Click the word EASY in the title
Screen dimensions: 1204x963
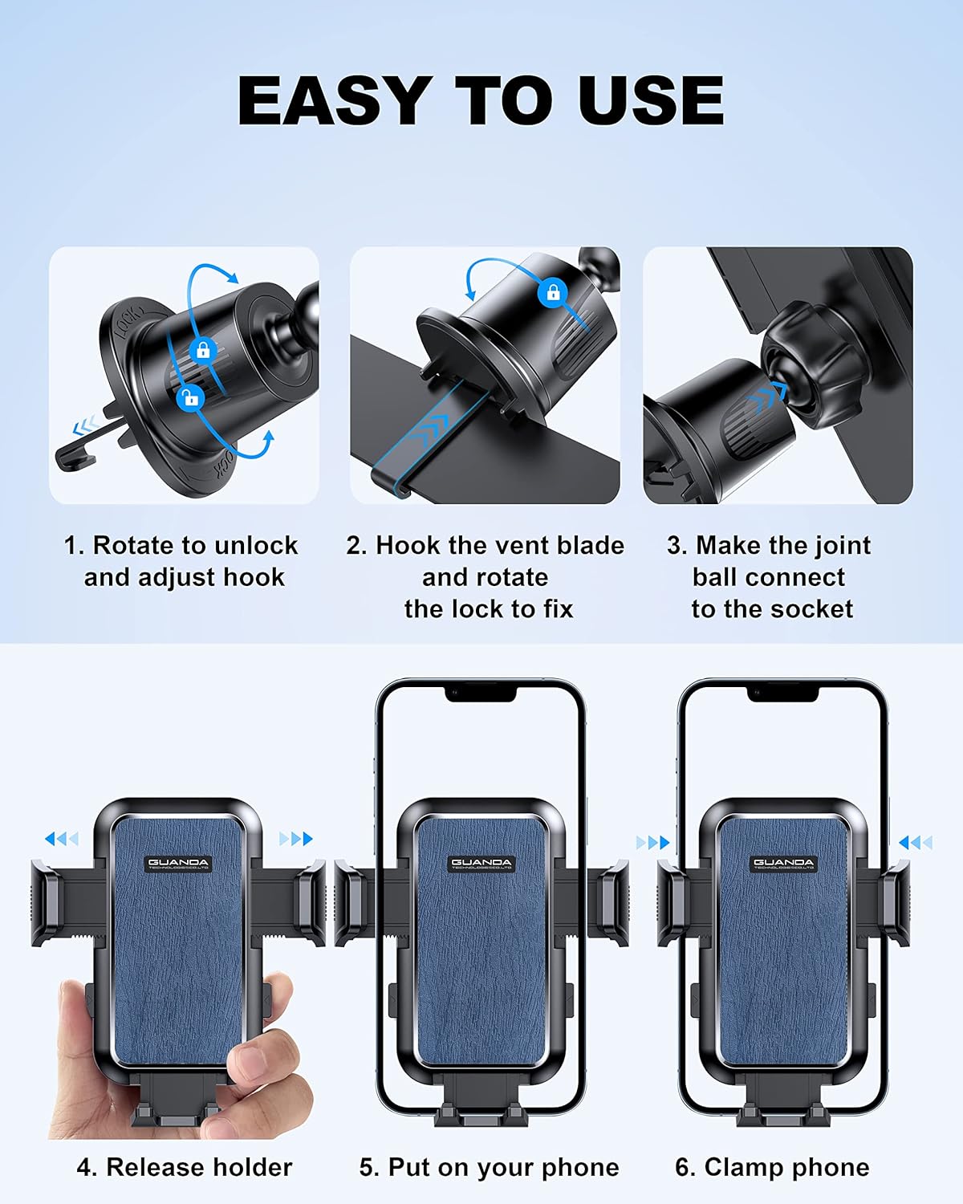(x=331, y=100)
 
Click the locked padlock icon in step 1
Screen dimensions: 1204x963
(x=203, y=350)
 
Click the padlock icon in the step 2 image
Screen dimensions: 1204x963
(x=552, y=292)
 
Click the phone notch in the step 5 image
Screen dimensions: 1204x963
(x=481, y=694)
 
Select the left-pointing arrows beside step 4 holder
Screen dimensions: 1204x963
(x=61, y=840)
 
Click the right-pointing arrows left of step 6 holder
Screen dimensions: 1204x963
(x=652, y=843)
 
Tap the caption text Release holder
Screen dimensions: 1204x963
(x=199, y=1167)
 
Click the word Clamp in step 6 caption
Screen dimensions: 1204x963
(x=741, y=1167)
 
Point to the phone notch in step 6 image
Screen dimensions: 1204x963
(x=782, y=694)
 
